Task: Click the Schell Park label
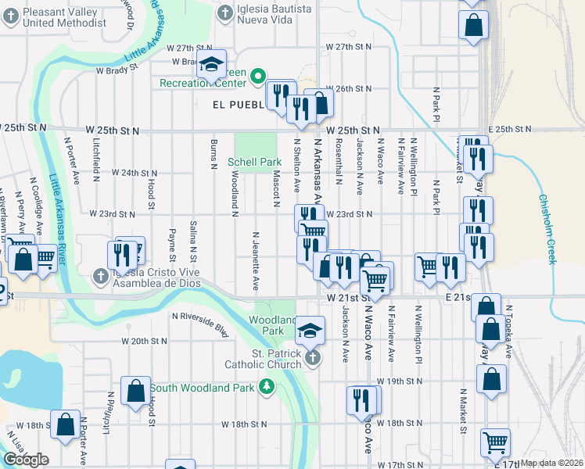[x=254, y=162]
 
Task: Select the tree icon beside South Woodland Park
[x=267, y=387]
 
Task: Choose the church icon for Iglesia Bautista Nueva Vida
[x=224, y=13]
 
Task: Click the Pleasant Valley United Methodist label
[x=55, y=15]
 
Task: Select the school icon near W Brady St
[x=210, y=67]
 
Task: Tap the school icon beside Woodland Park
[x=310, y=330]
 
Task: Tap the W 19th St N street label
[x=398, y=381]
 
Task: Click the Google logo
[x=26, y=460]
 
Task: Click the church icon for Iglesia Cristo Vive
[x=100, y=277]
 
